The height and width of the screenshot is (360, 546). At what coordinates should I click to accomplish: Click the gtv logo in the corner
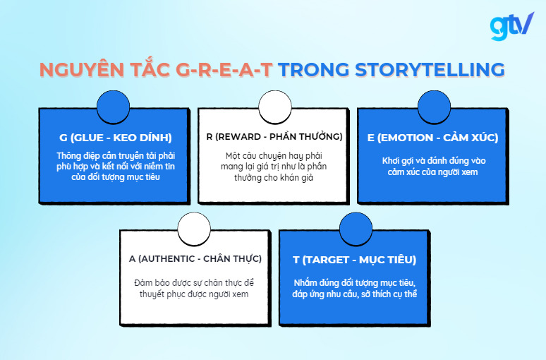(511, 26)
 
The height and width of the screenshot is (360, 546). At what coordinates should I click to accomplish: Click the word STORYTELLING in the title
(430, 69)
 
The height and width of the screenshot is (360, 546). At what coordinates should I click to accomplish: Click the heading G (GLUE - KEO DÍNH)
(116, 137)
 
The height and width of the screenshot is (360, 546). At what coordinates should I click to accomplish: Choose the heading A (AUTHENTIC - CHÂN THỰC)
(195, 258)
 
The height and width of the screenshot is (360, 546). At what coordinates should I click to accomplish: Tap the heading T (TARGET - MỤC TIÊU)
(354, 259)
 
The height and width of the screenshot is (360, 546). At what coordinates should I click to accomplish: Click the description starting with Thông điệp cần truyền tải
(115, 166)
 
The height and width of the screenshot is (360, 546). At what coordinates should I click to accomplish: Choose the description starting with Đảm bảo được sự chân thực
(195, 288)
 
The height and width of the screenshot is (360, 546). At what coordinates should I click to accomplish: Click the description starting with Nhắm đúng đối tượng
(354, 288)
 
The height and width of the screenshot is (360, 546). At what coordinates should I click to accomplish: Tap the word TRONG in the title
(312, 69)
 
